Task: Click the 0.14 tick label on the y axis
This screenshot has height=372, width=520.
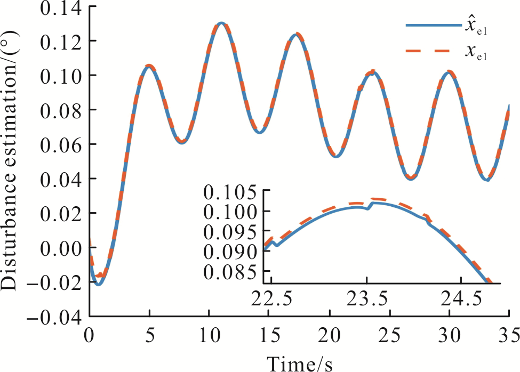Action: pos(61,8)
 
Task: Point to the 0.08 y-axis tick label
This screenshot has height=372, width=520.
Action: pos(61,111)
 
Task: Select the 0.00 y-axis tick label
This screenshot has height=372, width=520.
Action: pos(61,249)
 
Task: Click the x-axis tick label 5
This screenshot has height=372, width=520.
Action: pos(150,336)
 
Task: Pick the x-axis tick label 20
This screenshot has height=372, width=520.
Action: pos(329,336)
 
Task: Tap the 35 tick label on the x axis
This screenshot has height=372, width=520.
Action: pos(509,336)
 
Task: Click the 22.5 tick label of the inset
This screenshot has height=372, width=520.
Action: pos(271,299)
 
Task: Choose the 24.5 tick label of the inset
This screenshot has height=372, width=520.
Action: pos(461,299)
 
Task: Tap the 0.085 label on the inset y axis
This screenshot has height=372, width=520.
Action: pos(229,273)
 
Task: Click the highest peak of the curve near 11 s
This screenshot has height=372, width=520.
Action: pos(221,23)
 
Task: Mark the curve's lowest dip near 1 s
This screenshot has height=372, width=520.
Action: pos(98,284)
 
